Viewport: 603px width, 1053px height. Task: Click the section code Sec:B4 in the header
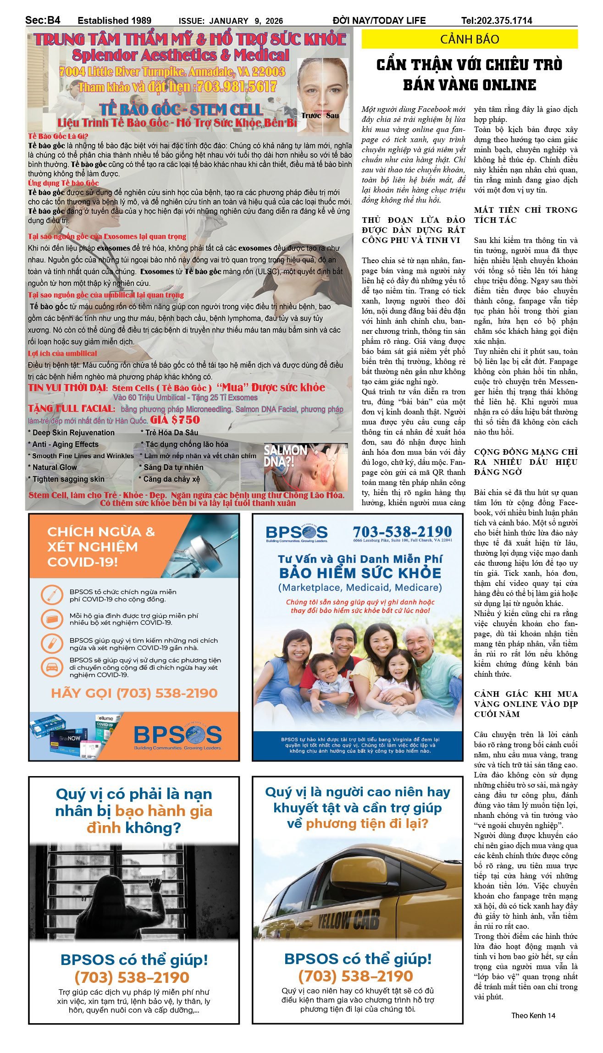(43, 20)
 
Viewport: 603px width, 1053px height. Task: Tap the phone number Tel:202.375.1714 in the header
(497, 21)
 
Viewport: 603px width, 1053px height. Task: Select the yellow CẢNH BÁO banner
(469, 39)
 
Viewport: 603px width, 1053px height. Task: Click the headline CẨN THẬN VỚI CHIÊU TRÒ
(469, 65)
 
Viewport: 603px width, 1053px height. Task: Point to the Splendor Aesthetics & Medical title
(181, 55)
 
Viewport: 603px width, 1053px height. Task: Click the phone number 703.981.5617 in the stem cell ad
(236, 87)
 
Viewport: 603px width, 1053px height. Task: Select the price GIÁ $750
(175, 420)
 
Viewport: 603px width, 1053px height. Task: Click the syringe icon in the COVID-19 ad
(52, 595)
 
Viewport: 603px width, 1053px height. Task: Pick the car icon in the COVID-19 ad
(52, 667)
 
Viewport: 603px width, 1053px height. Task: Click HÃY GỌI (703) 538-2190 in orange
(134, 693)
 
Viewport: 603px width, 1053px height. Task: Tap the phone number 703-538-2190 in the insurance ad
(402, 531)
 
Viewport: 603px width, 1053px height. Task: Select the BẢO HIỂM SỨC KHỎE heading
(360, 573)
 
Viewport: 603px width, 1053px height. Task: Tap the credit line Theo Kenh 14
(533, 1015)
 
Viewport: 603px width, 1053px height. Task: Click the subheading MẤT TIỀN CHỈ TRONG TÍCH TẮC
(526, 215)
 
